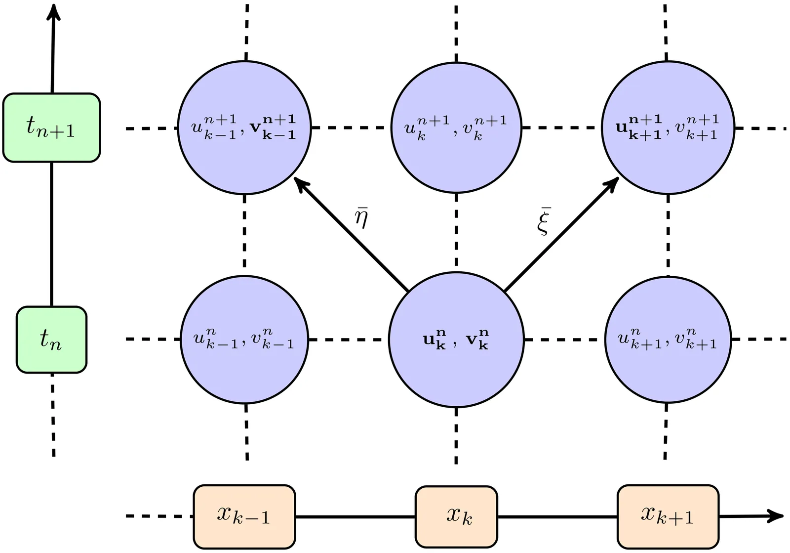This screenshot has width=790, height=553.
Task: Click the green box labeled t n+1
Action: (51, 128)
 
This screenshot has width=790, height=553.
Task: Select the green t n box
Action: (51, 340)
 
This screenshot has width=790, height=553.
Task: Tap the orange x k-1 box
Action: (244, 516)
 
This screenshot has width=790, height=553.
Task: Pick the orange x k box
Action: (456, 516)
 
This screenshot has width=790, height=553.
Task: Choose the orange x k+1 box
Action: (668, 516)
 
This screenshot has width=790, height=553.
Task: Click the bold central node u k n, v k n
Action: (456, 340)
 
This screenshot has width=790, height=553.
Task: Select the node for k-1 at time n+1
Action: (244, 128)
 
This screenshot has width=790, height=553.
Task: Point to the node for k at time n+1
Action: (456, 128)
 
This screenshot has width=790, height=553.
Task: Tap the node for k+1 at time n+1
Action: (668, 128)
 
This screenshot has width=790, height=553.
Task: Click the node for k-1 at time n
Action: (244, 340)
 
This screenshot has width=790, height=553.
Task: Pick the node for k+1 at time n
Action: (668, 340)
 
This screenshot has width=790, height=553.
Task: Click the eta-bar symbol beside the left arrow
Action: (361, 217)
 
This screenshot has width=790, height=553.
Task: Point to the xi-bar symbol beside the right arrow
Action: (544, 221)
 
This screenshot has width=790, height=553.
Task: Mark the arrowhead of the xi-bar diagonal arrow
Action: (614, 182)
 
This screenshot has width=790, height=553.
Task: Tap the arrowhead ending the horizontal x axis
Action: (778, 516)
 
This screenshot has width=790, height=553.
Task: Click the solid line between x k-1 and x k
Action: (355, 517)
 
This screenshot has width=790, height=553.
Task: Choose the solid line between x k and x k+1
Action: (557, 517)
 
